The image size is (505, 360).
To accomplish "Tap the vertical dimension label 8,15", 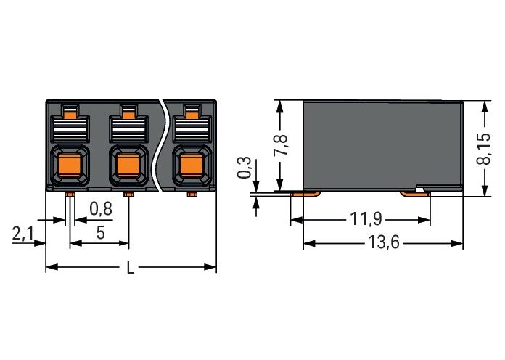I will point(483,149).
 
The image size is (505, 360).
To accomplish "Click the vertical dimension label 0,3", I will point(246,168).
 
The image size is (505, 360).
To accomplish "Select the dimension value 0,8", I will point(101,209).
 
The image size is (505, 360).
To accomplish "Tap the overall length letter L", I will point(131,268).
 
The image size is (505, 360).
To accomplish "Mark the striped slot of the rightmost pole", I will point(192,131).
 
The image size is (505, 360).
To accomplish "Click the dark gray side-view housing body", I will point(381,142).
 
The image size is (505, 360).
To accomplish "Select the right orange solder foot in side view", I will point(413,193).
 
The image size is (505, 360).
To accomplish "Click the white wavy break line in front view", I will point(165,145).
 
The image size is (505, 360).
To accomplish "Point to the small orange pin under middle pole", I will point(128,195).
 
